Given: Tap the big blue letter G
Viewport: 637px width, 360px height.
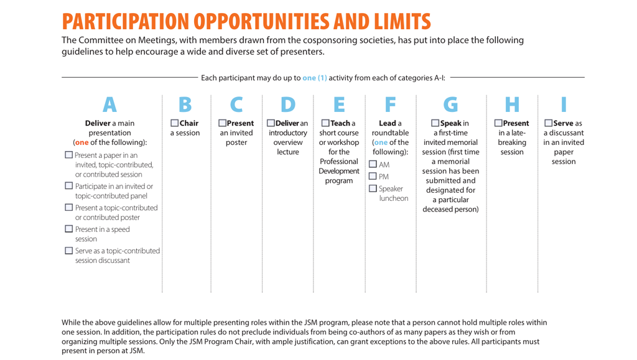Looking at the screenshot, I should [x=450, y=104].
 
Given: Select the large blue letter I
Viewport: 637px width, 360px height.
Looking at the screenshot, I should [x=563, y=104].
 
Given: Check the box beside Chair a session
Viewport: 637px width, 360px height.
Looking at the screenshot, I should [x=175, y=123].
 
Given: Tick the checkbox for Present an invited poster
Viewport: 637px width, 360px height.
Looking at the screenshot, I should [x=223, y=123].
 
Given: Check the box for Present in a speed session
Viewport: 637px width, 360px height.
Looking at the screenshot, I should [x=68, y=229].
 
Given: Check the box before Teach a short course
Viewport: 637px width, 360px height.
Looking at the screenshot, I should [x=324, y=123].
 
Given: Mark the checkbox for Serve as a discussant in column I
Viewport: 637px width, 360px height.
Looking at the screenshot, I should [x=548, y=123].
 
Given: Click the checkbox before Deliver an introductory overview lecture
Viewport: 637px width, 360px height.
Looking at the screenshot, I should [x=271, y=123].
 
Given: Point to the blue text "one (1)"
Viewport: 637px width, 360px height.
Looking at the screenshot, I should [x=314, y=78].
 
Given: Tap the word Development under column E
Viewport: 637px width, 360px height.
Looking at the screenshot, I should [x=339, y=170].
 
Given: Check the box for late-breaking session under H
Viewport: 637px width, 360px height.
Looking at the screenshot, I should [x=498, y=123].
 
